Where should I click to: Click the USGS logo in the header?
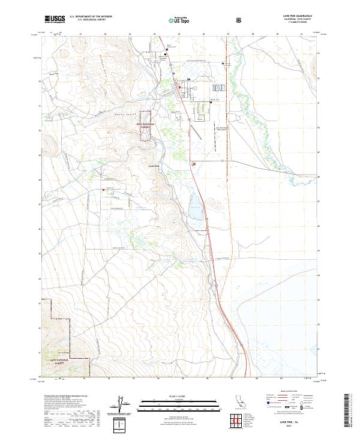[55, 19]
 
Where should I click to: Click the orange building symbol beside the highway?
[193, 163]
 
